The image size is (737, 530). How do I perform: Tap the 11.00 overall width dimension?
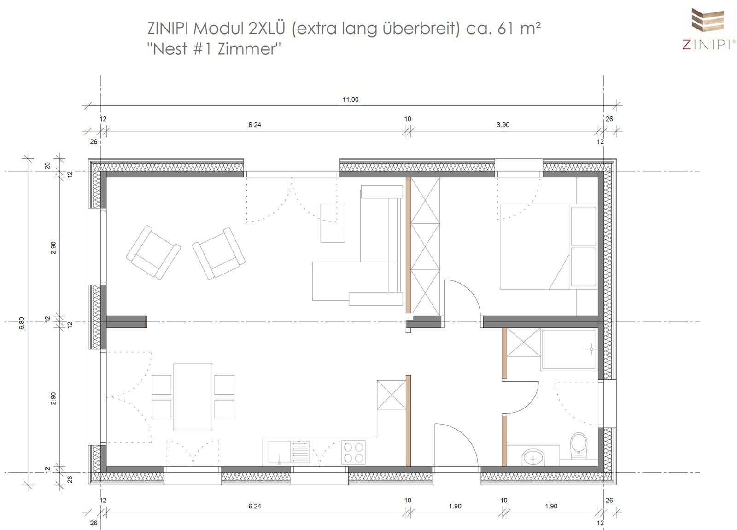tap(351, 99)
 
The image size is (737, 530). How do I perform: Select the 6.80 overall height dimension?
tap(22, 323)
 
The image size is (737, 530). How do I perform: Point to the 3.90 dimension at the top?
tap(503, 125)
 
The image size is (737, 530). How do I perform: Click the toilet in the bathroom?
tap(579, 446)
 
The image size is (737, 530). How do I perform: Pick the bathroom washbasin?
tap(533, 457)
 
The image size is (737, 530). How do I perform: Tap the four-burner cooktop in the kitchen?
tap(353, 452)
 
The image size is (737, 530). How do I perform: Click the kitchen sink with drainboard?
tap(289, 452)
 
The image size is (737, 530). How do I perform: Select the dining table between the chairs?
tap(193, 397)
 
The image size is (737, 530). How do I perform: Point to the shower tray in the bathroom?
tap(569, 349)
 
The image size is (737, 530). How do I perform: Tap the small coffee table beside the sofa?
tap(333, 223)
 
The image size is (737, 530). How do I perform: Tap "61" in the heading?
tap(506, 28)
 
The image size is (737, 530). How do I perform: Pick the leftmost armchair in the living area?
tap(153, 252)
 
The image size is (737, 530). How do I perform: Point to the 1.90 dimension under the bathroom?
tap(551, 506)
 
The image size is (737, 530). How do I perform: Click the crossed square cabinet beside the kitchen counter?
tap(392, 395)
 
